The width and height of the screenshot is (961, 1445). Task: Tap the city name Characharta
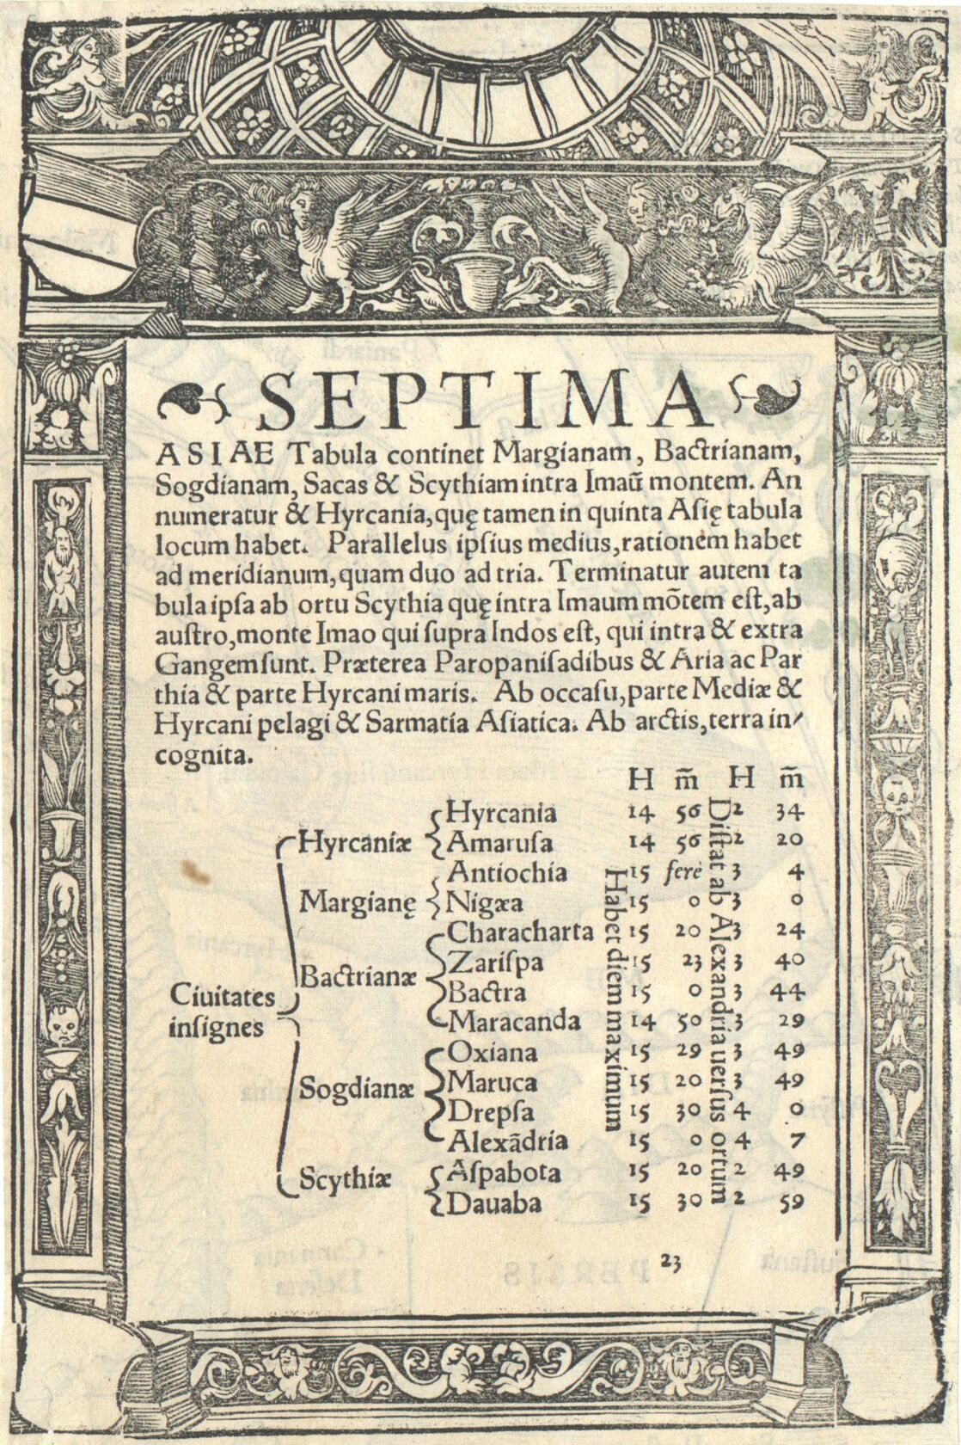(x=521, y=932)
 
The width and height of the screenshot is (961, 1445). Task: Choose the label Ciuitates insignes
(x=223, y=1012)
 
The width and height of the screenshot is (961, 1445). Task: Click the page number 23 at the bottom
(x=671, y=1261)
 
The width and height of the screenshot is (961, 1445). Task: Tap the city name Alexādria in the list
(x=509, y=1141)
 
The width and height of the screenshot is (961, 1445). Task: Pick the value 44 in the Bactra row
(x=787, y=992)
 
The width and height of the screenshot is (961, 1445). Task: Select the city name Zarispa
(x=496, y=962)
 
